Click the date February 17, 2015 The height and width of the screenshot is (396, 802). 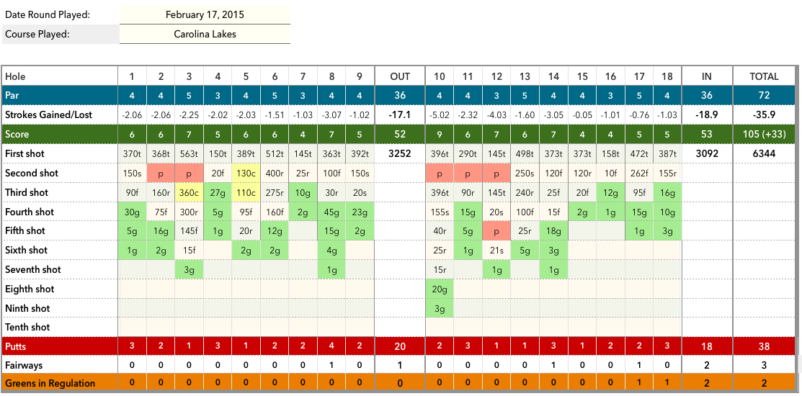coord(205,14)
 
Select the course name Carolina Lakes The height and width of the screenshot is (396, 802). coord(205,34)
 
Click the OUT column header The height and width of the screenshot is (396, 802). coord(400,76)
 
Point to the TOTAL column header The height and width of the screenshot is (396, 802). coord(764,76)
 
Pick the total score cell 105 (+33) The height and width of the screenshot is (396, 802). coord(764,135)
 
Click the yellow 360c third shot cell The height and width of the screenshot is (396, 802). coord(189,193)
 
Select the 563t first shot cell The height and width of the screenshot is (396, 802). coord(189,154)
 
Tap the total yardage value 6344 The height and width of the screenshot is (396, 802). coord(764,154)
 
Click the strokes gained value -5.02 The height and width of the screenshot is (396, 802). coord(440,115)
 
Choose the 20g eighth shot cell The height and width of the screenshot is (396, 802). coord(440,289)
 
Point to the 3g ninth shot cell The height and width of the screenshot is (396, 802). coord(440,309)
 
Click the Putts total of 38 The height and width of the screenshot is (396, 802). coord(764,346)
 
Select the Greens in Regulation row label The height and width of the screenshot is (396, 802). coord(50,383)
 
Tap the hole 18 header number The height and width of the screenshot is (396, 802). coord(667,76)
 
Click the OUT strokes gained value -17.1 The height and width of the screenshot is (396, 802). coord(400,115)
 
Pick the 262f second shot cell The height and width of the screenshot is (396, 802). coord(639,174)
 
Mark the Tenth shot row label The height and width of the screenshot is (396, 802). coord(27,328)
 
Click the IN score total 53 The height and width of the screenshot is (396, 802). coord(707,135)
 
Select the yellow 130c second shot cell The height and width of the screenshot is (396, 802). coord(246,174)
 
